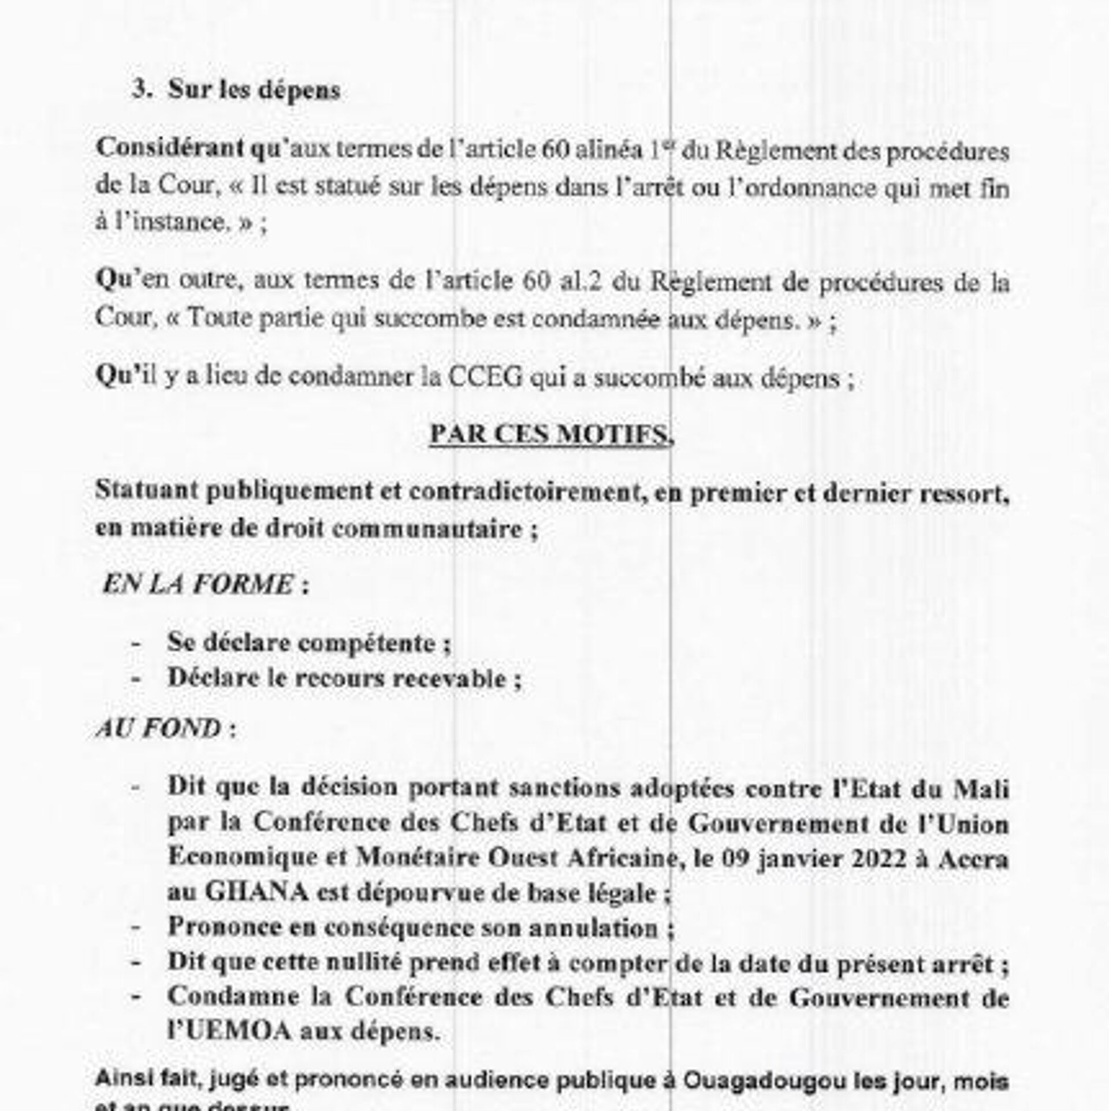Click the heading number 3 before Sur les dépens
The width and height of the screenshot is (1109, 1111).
pyautogui.click(x=139, y=91)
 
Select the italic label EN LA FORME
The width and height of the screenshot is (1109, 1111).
pyautogui.click(x=198, y=584)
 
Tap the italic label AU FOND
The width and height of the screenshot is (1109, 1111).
pyautogui.click(x=159, y=729)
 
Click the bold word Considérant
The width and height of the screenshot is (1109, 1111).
pyautogui.click(x=170, y=148)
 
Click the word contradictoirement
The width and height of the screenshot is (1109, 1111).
pyautogui.click(x=527, y=491)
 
